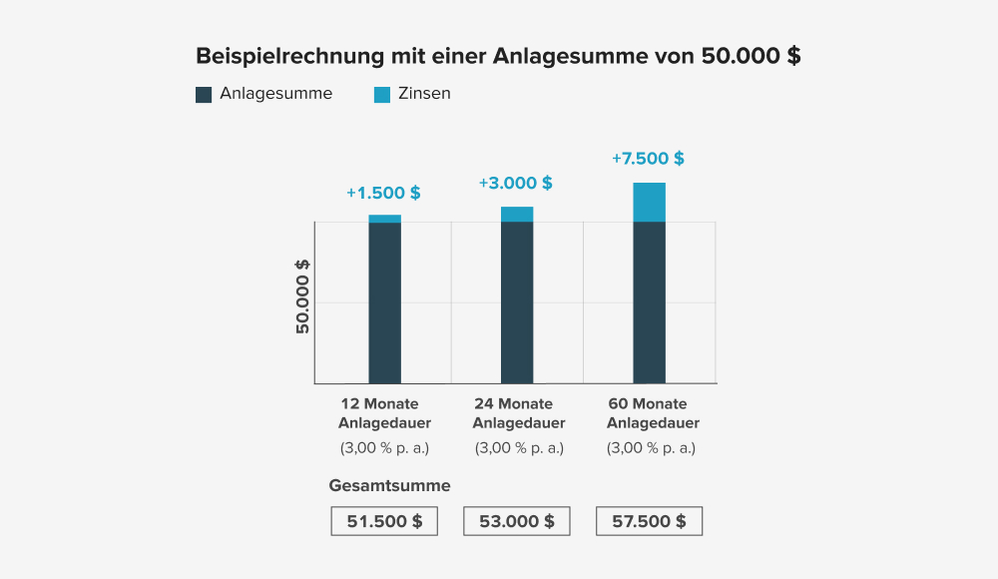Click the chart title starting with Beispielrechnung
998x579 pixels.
tap(498, 56)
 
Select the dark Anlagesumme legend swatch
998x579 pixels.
tap(204, 95)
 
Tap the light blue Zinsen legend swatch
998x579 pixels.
tap(382, 95)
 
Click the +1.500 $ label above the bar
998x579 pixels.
tap(383, 193)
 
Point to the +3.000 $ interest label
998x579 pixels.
tap(515, 183)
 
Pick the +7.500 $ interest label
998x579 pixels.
tap(648, 158)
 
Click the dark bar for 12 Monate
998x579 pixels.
tap(384, 302)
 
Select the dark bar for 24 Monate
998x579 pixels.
tap(517, 302)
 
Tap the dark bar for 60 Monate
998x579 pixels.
tap(649, 302)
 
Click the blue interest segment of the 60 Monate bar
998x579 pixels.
tap(649, 202)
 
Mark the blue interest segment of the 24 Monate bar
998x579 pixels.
tap(517, 214)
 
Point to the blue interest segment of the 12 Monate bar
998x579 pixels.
tap(384, 219)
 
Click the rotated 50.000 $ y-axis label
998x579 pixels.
tap(302, 295)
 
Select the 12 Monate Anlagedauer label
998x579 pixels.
tap(384, 413)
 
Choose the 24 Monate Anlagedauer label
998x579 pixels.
tap(518, 413)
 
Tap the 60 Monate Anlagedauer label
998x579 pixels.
tap(653, 413)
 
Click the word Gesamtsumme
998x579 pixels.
tap(389, 486)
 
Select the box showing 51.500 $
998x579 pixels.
tap(384, 521)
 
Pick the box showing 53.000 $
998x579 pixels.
tap(517, 521)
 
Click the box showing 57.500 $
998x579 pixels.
tap(649, 521)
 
